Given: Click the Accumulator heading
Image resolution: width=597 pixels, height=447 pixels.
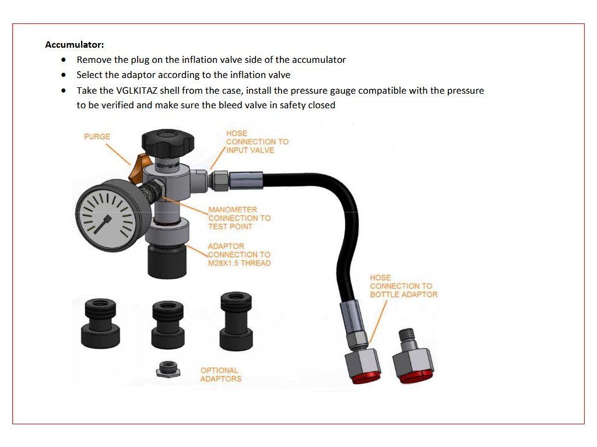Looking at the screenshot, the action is [75, 45].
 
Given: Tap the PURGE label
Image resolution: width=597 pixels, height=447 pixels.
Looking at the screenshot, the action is [97, 136].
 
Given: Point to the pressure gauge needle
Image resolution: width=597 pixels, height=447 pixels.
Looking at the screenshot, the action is [103, 224].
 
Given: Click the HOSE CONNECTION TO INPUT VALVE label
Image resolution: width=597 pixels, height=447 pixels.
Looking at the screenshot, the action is [257, 142].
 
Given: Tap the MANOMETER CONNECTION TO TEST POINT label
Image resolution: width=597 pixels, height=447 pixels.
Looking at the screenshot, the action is [240, 218].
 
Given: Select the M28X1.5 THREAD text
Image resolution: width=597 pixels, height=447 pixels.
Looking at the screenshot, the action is [239, 263].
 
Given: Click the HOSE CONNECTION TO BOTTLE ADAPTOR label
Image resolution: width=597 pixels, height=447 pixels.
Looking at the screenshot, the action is [403, 286].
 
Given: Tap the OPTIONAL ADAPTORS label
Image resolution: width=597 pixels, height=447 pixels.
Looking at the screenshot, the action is [221, 375].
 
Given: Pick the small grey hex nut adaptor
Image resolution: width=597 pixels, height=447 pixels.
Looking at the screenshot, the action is [168, 369].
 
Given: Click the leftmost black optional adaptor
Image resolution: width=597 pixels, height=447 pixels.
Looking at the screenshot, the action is [100, 324].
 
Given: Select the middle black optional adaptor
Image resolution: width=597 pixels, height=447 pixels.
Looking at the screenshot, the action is [168, 325].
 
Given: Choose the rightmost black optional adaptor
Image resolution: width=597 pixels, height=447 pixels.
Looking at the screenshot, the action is [236, 321].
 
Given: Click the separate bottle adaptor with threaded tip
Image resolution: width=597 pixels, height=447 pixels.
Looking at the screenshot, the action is [413, 356].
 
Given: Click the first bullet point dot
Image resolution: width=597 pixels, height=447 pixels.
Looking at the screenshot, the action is [63, 60].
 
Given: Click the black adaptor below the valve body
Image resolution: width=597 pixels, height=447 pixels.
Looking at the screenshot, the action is [167, 261].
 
